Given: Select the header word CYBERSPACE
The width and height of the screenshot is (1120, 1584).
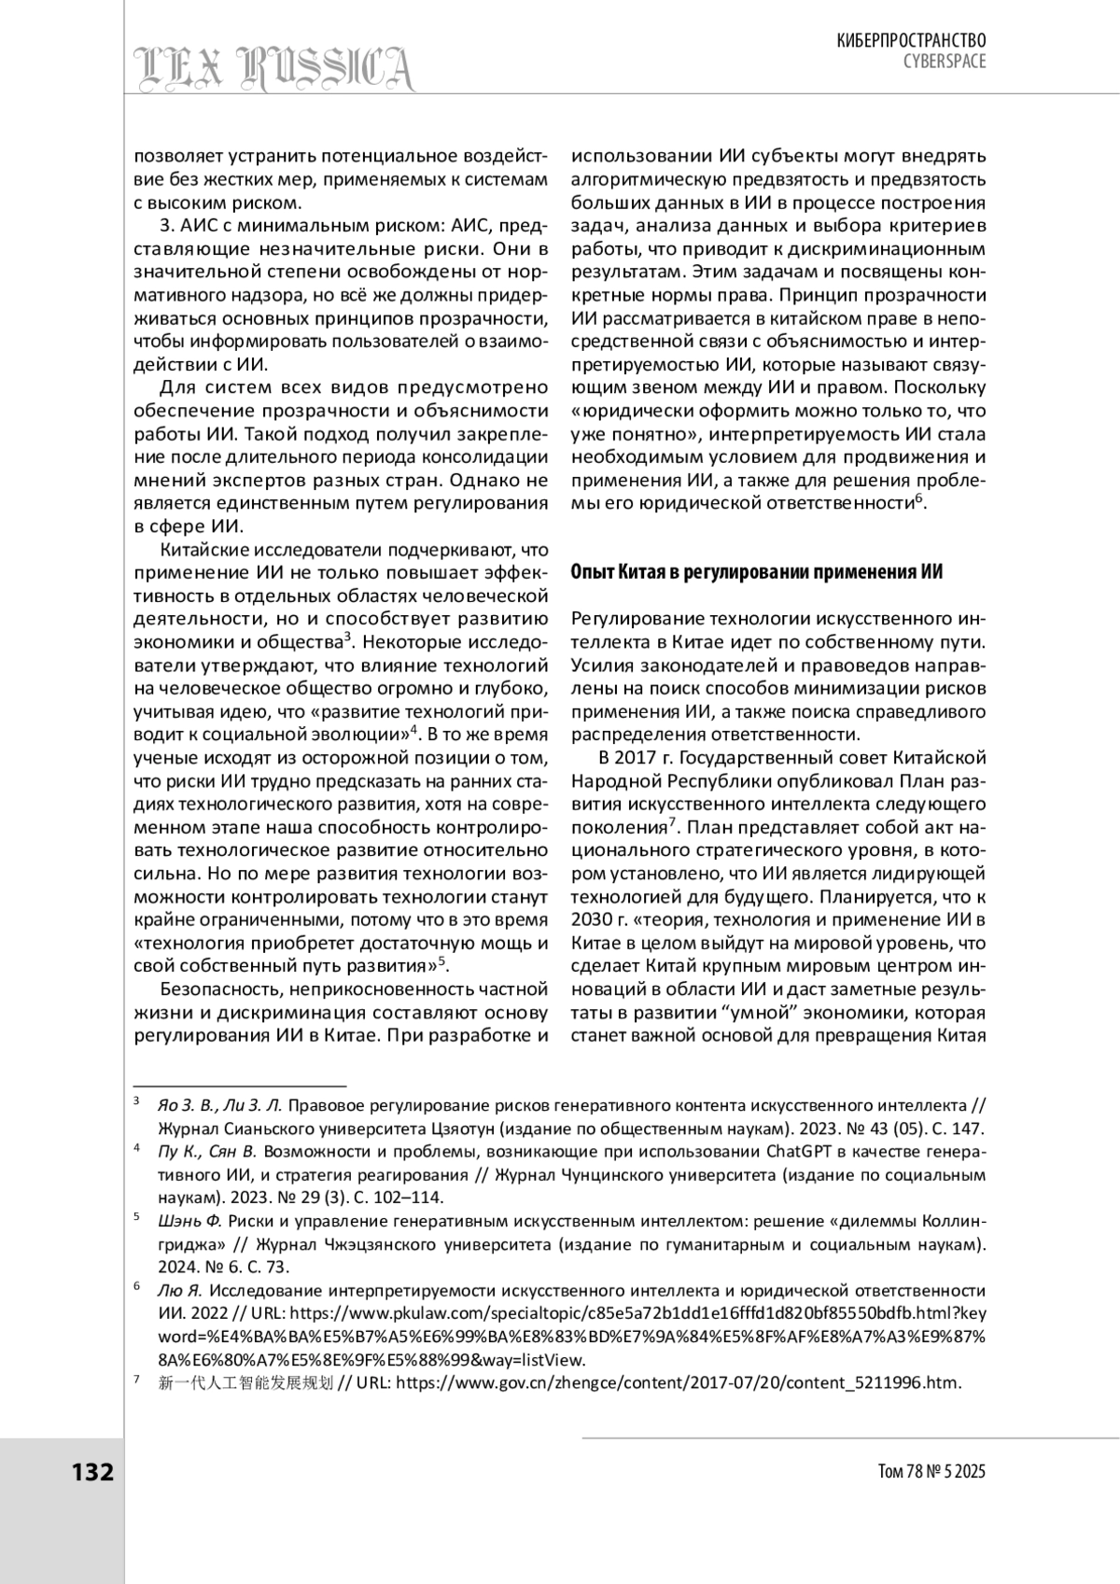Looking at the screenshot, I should click(x=944, y=61).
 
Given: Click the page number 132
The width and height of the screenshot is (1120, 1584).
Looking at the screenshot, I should click(x=92, y=1472).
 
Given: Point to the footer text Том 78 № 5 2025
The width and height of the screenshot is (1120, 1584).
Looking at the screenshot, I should click(x=931, y=1472).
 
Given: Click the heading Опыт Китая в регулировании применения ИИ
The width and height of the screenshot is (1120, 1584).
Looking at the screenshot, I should click(x=756, y=573).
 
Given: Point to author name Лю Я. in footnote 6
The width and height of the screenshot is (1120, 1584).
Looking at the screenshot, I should click(x=179, y=1291).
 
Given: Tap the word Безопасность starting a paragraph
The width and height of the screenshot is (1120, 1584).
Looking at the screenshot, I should click(x=219, y=988).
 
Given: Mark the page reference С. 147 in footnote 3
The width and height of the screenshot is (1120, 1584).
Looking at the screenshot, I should click(x=954, y=1128).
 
